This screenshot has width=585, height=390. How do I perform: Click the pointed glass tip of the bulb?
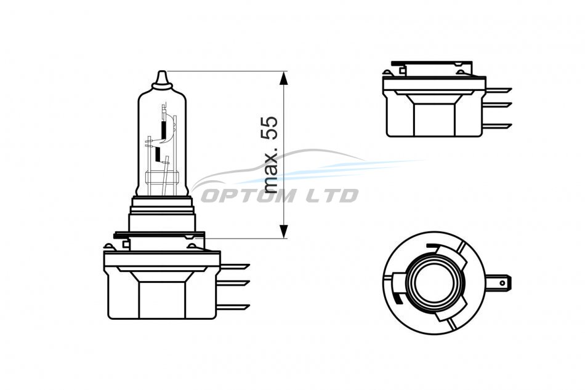pyautogui.click(x=162, y=79)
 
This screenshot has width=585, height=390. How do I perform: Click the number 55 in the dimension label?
pyautogui.click(x=270, y=127)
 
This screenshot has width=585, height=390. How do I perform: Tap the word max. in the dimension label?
pyautogui.click(x=270, y=170)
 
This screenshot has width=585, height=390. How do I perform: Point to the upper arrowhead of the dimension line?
pyautogui.click(x=284, y=79)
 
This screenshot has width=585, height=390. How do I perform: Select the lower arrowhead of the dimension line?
pyautogui.click(x=284, y=231)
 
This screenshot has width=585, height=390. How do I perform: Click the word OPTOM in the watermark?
pyautogui.click(x=249, y=196)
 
